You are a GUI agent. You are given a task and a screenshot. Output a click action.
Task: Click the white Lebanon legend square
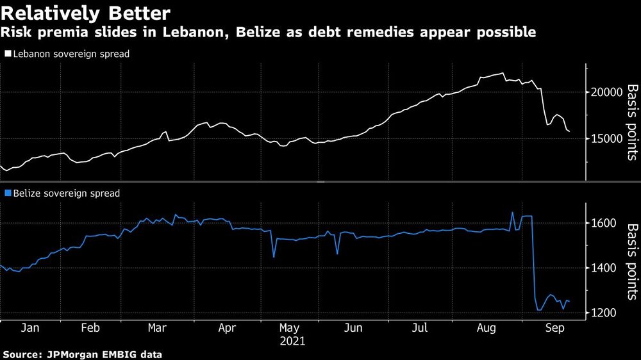[x=7, y=54]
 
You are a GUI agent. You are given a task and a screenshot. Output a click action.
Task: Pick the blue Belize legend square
[x=7, y=193]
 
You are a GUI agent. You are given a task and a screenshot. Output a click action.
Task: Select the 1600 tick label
[x=603, y=223]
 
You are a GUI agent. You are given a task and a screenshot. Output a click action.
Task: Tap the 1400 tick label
[x=603, y=268]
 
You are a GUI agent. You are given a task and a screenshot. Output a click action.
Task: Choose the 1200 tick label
[x=603, y=313]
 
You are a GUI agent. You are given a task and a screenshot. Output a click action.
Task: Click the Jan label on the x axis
[x=31, y=328]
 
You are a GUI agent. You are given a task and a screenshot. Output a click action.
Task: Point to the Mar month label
[x=158, y=328]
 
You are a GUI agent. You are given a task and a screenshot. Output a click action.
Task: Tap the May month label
[x=289, y=328]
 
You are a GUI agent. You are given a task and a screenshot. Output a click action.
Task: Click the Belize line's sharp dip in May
[x=274, y=257]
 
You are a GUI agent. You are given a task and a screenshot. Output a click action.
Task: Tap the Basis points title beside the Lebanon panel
[x=631, y=122]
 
